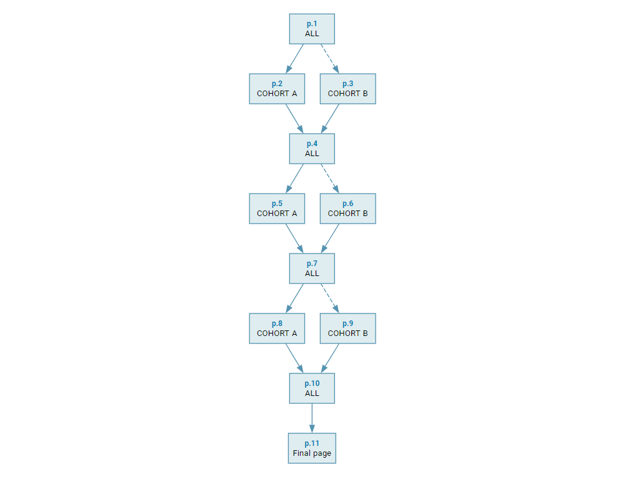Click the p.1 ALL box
coord(312,29)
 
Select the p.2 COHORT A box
coord(277,89)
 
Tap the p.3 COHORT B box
coord(348,89)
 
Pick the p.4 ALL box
coord(312,149)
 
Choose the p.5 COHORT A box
coord(277,209)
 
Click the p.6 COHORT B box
coord(348,209)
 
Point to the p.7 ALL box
coord(312,269)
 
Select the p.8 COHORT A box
coord(277,328)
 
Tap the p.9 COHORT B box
coord(348,328)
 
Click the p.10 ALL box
coord(312,388)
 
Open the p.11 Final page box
coord(312,448)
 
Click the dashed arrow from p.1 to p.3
coord(330,59)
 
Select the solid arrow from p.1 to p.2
coord(294,59)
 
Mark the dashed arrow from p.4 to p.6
coord(330,179)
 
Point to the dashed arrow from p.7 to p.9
coord(330,299)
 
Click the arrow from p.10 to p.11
coord(312,418)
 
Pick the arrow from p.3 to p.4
coord(330,119)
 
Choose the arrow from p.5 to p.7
coord(294,239)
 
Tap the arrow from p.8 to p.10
coord(294,358)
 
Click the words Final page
coord(312,453)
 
